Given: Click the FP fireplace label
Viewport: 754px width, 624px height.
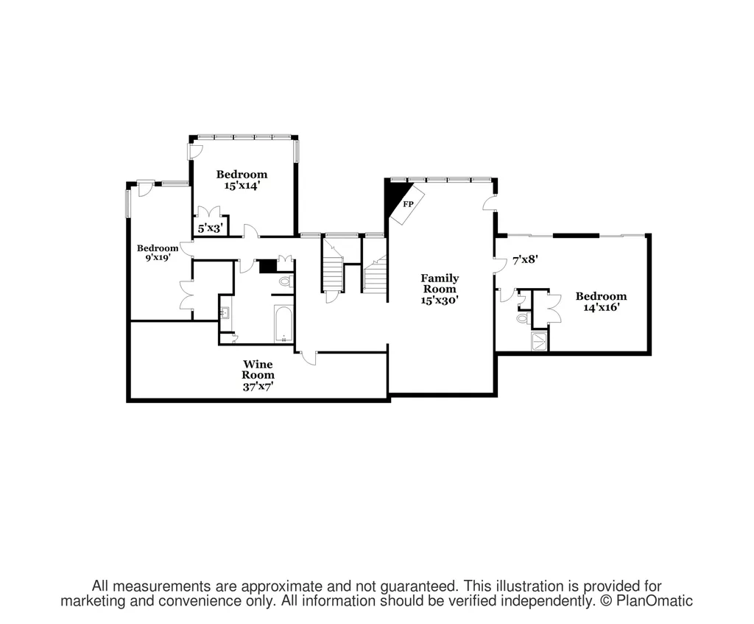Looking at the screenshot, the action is point(408,204).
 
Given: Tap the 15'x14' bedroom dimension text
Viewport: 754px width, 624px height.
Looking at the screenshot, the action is point(242,185).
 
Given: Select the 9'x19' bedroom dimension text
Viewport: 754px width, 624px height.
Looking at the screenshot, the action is point(158,257).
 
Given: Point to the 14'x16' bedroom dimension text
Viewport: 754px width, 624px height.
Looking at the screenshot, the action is point(601,307).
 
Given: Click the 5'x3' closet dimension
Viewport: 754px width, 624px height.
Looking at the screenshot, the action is point(210,228).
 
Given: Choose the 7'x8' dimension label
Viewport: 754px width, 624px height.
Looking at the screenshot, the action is point(524,260).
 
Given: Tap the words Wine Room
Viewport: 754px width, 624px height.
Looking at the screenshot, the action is point(258,370).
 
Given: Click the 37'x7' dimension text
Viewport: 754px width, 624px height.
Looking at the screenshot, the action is point(258,386).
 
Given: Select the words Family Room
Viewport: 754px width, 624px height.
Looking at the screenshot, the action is point(440,284).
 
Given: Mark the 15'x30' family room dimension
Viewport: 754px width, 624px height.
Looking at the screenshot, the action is point(440,301).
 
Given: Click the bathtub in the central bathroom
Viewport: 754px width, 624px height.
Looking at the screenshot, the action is point(283,323).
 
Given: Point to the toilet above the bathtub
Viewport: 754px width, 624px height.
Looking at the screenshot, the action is point(286,281).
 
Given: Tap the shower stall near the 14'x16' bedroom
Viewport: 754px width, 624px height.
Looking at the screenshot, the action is point(538,340).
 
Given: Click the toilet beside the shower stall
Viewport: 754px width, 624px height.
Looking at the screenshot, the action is point(523,318).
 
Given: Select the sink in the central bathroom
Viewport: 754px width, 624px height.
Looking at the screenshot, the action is point(225,313).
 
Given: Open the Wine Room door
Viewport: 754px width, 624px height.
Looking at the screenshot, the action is point(309,357).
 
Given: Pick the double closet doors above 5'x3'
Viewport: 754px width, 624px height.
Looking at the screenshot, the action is point(209,212).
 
